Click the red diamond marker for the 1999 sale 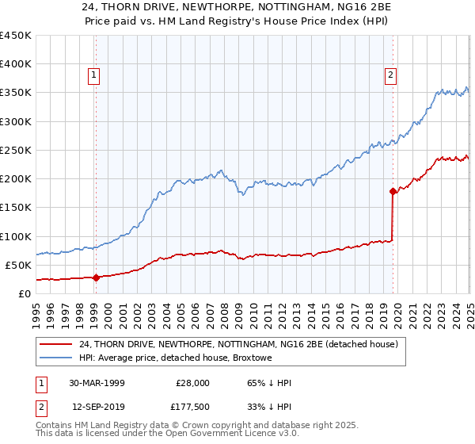coord(96,277)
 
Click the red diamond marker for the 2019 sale coord(393,191)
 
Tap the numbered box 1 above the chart coord(93,75)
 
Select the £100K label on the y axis coord(16,236)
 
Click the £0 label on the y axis coord(24,293)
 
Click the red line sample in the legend coord(56,344)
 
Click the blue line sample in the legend coord(56,358)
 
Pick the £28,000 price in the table coord(192,383)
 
